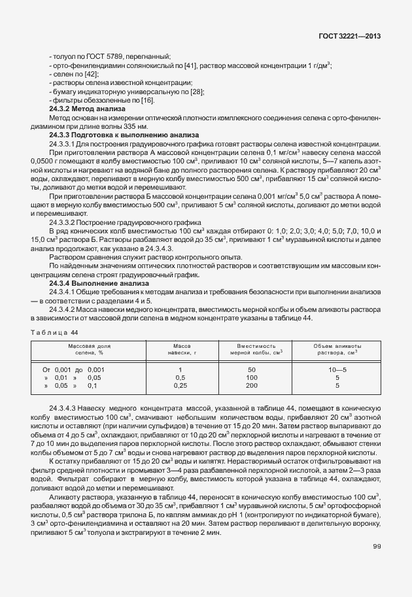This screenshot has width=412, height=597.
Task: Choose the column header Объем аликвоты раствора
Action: (337, 348)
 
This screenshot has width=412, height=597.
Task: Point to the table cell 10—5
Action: (337, 369)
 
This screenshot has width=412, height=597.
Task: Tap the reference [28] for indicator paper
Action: (196, 91)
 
